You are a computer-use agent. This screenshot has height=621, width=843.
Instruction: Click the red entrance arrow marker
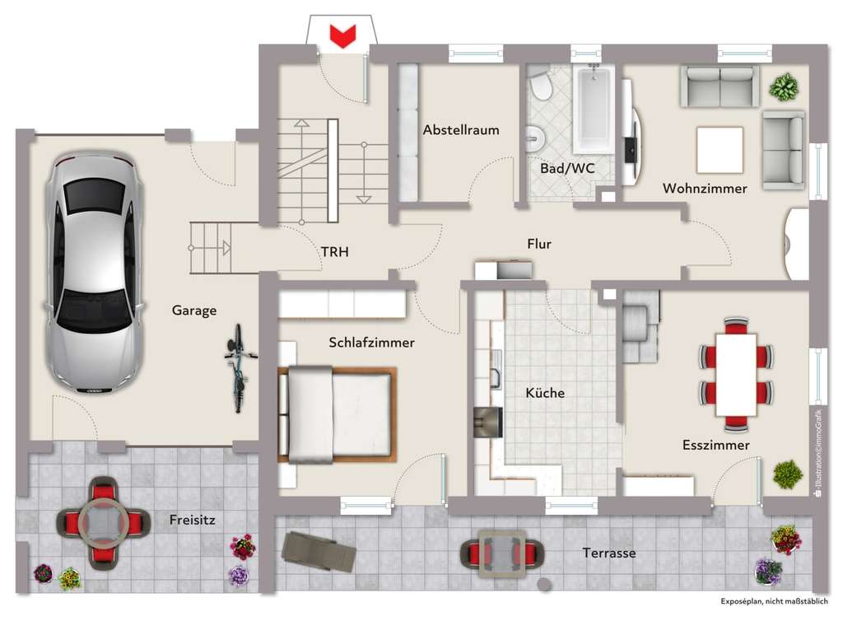click(342, 35)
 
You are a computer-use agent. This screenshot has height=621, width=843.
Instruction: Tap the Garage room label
click(194, 310)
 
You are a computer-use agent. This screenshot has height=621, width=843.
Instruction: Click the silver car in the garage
click(93, 273)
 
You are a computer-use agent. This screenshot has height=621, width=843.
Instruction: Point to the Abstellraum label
click(461, 130)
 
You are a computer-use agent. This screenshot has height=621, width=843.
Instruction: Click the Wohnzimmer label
click(705, 189)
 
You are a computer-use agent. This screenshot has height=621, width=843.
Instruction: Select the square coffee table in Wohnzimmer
click(719, 150)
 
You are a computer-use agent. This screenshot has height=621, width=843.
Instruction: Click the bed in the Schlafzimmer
click(338, 415)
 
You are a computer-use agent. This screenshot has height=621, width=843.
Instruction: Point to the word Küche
click(545, 393)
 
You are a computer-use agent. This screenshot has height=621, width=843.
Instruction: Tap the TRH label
click(335, 252)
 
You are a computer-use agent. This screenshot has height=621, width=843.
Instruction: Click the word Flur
click(539, 244)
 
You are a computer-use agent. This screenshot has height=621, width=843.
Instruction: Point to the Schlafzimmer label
click(371, 343)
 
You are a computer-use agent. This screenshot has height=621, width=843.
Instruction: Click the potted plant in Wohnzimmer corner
click(785, 86)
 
